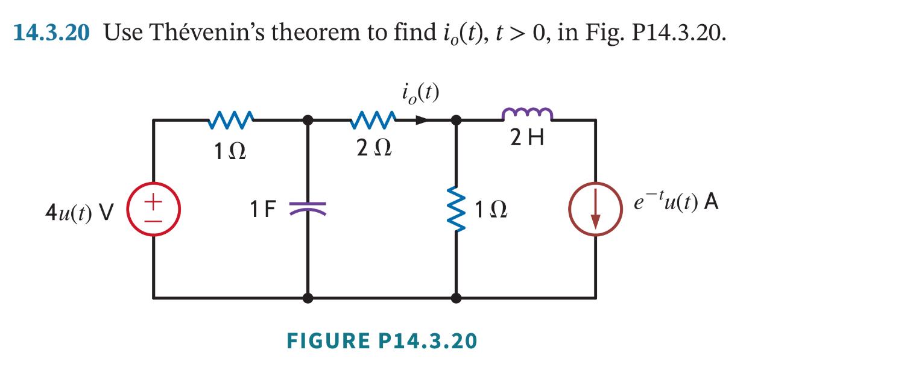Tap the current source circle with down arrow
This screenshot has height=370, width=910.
pos(596,208)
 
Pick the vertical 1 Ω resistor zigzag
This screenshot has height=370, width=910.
pos(457,208)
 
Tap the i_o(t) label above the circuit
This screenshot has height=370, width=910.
pos(420,93)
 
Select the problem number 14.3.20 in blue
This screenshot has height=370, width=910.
pos(51,33)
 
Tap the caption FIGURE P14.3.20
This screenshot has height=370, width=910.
pos(382,341)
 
